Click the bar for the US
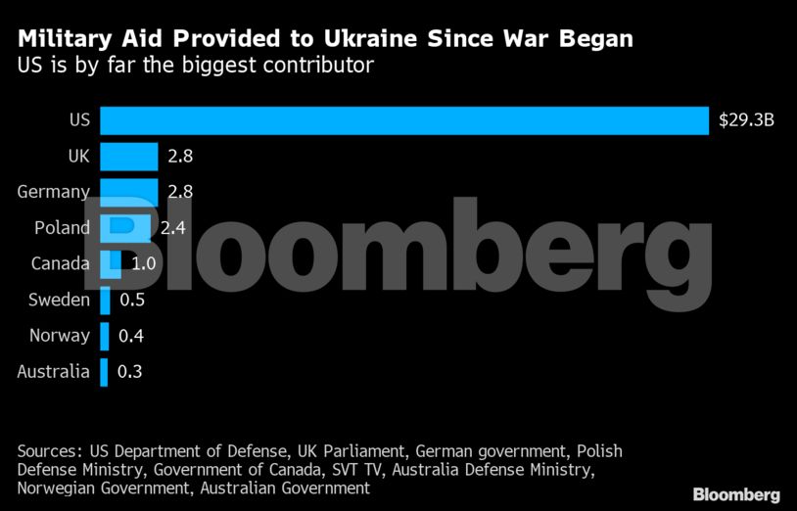(x=403, y=120)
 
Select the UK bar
(x=128, y=157)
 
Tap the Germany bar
(x=128, y=192)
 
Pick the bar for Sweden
(x=105, y=300)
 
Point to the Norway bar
(x=104, y=336)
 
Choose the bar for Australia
(x=103, y=371)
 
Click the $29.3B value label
(x=746, y=120)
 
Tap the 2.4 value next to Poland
(x=173, y=228)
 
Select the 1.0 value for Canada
(x=144, y=263)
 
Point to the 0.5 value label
(x=132, y=300)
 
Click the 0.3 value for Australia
(x=129, y=371)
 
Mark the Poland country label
(x=62, y=228)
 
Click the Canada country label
(x=60, y=263)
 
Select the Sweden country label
(x=59, y=300)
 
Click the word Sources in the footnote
(x=49, y=451)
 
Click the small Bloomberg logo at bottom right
(x=736, y=493)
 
